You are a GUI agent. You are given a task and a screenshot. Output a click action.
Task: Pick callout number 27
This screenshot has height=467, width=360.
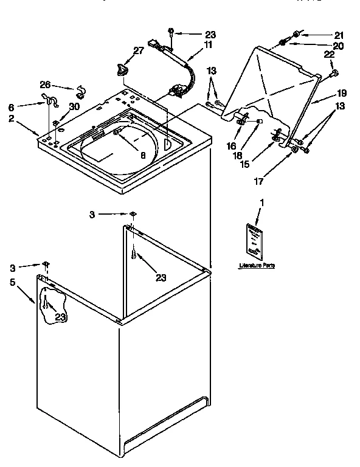(x=139, y=50)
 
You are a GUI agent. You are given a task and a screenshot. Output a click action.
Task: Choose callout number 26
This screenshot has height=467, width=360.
(x=44, y=85)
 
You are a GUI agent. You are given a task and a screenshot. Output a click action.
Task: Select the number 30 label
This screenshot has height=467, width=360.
(x=74, y=106)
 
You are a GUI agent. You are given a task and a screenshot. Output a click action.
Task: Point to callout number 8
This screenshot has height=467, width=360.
(x=143, y=155)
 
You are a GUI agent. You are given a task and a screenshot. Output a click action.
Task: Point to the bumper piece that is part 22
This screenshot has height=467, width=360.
(x=334, y=74)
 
